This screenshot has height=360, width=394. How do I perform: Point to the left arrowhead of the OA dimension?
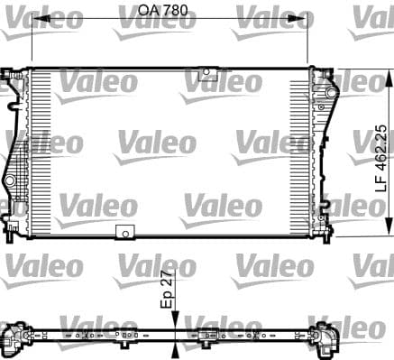tap(36, 24)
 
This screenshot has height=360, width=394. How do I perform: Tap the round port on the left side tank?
tap(11, 182)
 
